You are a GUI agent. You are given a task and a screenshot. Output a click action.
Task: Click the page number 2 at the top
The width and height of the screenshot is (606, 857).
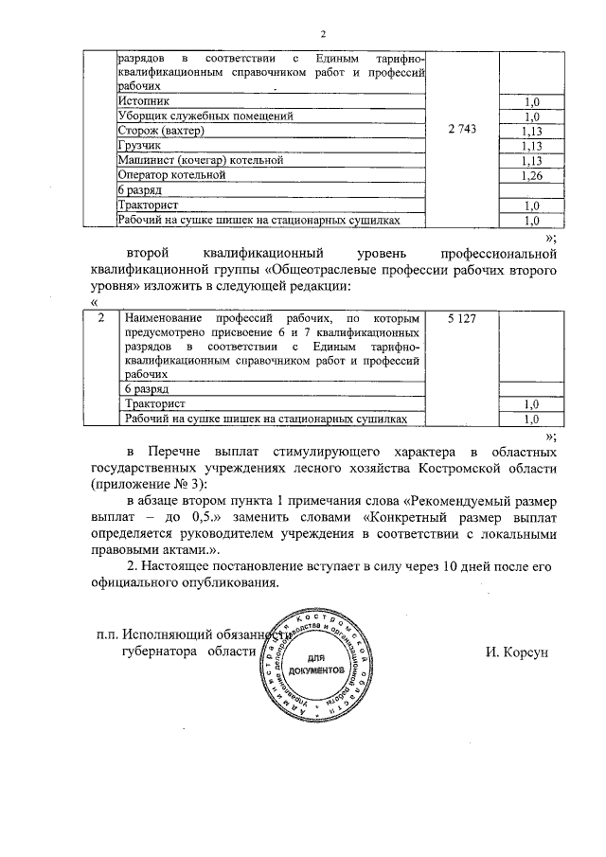(x=322, y=35)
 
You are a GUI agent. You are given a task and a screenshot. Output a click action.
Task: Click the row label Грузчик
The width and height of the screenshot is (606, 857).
(x=140, y=145)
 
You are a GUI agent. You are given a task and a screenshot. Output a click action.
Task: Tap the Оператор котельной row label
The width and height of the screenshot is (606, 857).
(x=170, y=175)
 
